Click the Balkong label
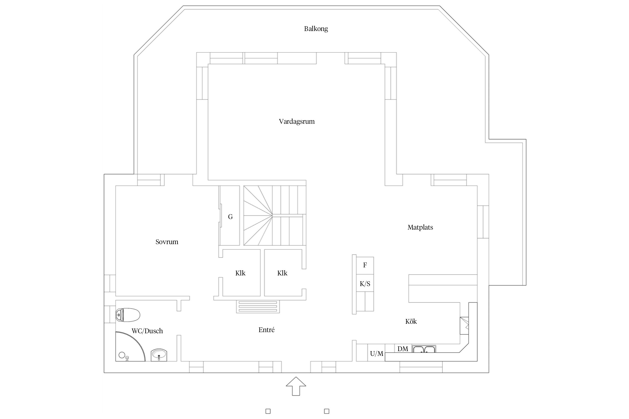(x=316, y=29)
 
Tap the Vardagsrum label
(x=297, y=122)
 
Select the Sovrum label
(x=167, y=242)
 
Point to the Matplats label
(x=420, y=227)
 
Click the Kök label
(x=411, y=321)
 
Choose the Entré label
(x=266, y=330)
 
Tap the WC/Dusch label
(x=147, y=331)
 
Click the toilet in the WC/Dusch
(x=127, y=315)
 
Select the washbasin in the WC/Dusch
(x=159, y=355)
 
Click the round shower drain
(x=122, y=355)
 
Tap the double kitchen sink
(x=424, y=349)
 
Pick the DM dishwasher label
(x=403, y=349)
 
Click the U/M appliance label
(x=377, y=354)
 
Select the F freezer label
(x=365, y=265)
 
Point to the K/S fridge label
(x=365, y=284)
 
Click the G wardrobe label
(x=230, y=217)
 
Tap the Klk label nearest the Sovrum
(x=240, y=273)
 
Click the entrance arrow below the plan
(x=296, y=386)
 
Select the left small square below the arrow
(x=268, y=411)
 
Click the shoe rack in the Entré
(x=258, y=307)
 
